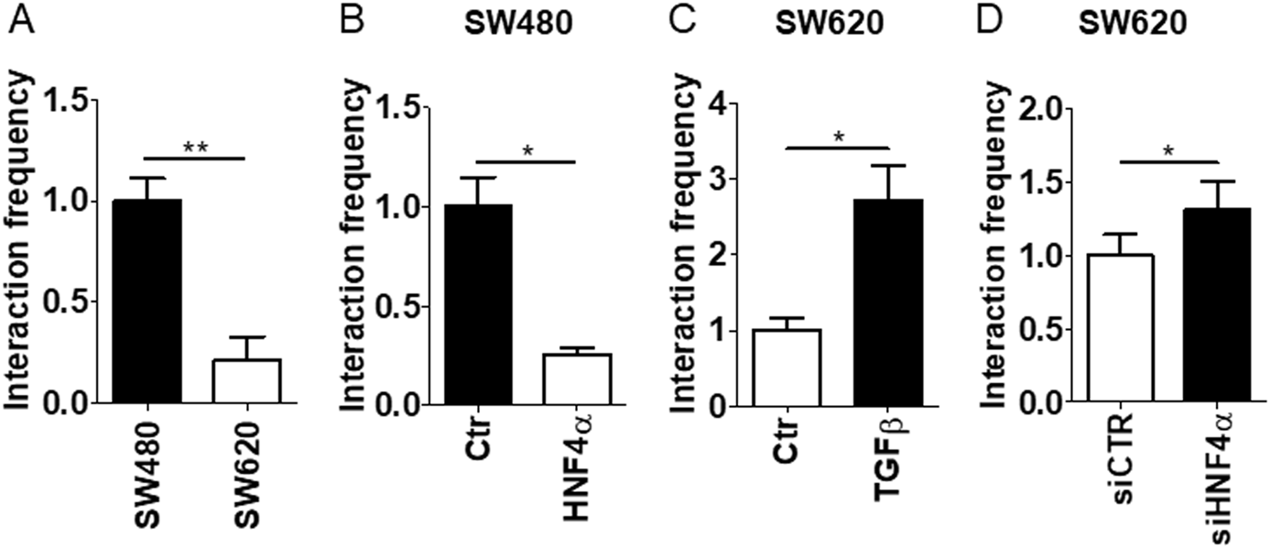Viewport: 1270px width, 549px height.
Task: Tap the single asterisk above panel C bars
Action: tap(838, 137)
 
